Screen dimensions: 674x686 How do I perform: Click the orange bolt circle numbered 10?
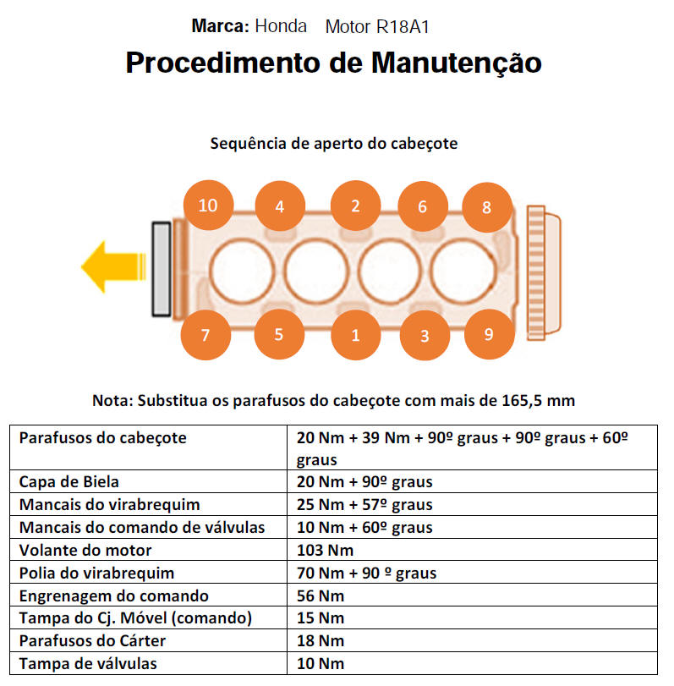(x=208, y=206)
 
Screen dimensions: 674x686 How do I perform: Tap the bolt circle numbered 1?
(x=355, y=335)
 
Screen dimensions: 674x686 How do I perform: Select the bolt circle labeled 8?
(x=487, y=207)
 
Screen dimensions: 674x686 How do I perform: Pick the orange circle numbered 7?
(x=205, y=335)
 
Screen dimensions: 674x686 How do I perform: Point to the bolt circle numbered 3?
(x=425, y=336)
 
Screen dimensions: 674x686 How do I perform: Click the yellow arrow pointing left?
(x=113, y=267)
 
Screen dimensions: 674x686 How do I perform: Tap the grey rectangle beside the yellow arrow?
(x=162, y=269)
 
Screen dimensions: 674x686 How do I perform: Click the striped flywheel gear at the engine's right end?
(x=536, y=272)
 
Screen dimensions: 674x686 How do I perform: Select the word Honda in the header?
(x=281, y=26)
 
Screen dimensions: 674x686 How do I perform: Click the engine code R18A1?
(x=403, y=27)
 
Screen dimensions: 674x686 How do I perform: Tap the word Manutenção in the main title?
(x=457, y=63)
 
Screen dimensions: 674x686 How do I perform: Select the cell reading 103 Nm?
(x=325, y=550)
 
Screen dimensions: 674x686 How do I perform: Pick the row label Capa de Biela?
(x=69, y=481)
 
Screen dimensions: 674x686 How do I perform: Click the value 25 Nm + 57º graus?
(x=364, y=504)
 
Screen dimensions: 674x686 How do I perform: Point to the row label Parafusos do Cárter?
(x=92, y=641)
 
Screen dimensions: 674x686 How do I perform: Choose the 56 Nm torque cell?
(x=321, y=595)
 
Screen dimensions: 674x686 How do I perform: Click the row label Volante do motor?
(x=85, y=550)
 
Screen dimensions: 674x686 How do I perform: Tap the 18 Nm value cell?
(x=321, y=641)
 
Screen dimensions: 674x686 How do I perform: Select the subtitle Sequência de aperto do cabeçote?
(x=334, y=144)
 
